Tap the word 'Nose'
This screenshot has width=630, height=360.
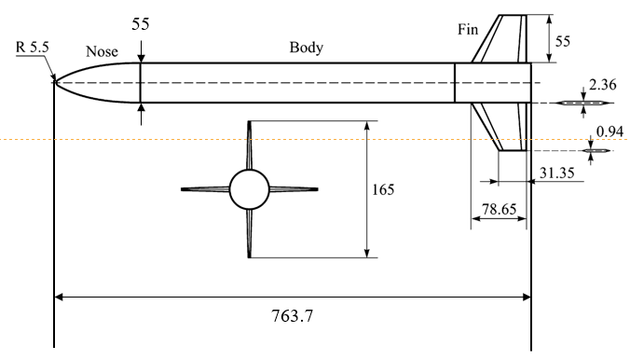click(x=102, y=52)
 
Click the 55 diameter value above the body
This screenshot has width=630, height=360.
click(x=141, y=26)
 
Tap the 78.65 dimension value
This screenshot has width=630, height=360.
click(x=501, y=214)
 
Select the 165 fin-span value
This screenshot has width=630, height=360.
click(x=381, y=189)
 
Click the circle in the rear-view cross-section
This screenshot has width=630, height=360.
click(x=249, y=189)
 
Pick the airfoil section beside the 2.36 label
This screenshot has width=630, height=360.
click(x=583, y=103)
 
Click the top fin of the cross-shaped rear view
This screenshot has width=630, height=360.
click(x=249, y=145)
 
